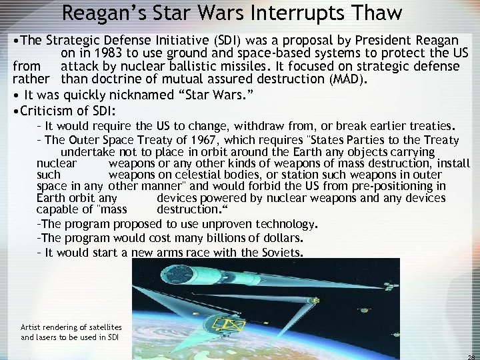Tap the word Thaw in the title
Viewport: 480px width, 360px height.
click(381, 14)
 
